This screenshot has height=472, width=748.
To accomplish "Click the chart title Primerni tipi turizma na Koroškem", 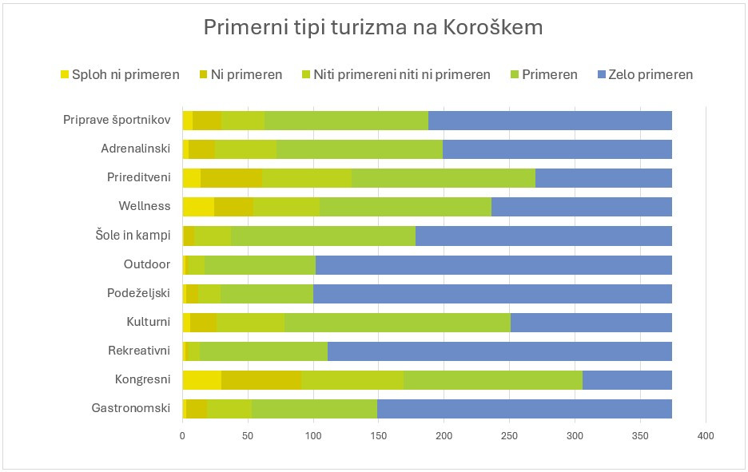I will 373,27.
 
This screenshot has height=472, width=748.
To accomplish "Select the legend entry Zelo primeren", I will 651,74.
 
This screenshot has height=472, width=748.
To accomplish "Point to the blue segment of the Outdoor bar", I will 494,264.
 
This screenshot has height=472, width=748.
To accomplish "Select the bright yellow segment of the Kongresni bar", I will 202,379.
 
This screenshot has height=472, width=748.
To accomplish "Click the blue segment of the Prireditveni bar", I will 603,177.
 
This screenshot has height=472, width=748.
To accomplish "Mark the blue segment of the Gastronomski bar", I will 524,408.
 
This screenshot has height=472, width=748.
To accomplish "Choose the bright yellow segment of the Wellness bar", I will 198,206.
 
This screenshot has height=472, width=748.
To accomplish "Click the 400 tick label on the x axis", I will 706,436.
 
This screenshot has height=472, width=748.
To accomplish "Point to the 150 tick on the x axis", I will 379,436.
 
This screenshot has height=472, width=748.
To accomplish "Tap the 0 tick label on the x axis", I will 183,436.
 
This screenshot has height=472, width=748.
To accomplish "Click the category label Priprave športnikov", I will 117,120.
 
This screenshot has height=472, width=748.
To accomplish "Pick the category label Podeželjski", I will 138,293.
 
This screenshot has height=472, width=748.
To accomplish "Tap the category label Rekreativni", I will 139,351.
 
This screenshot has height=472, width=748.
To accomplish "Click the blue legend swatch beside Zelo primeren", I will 602,74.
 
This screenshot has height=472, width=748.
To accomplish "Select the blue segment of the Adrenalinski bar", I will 557,149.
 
